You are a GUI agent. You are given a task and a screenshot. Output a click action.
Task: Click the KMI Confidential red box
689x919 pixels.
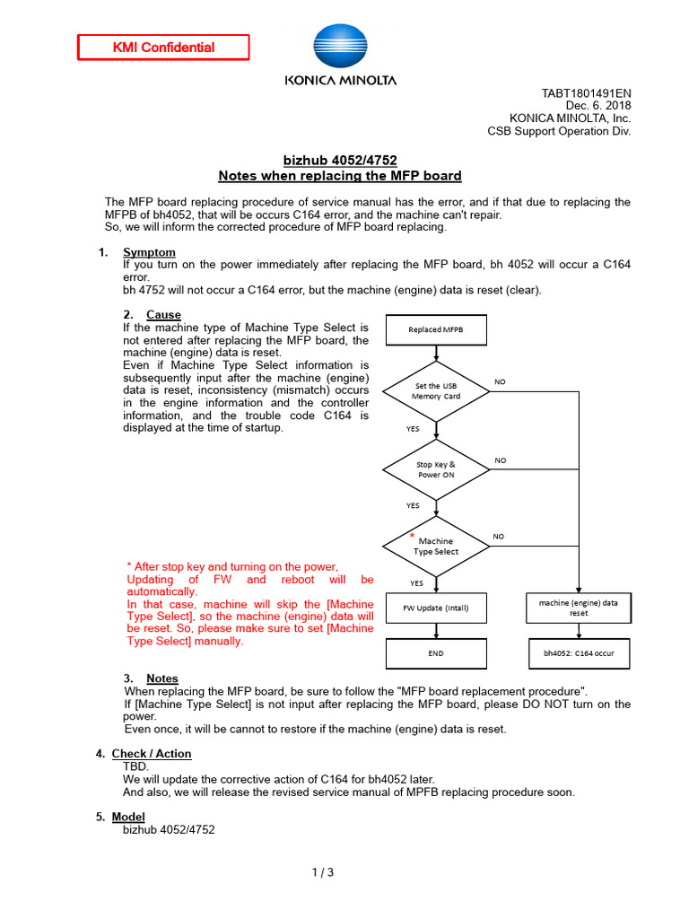pos(162,47)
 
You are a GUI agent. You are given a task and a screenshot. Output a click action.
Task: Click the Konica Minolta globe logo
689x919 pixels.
pos(340,48)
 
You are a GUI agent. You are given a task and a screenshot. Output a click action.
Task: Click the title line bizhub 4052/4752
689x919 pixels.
pos(340,160)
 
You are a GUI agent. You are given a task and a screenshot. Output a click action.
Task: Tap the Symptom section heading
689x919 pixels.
pos(149,252)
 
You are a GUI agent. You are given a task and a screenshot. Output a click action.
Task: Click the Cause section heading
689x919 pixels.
pos(163,314)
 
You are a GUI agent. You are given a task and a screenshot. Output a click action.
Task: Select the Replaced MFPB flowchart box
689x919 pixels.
pos(436,329)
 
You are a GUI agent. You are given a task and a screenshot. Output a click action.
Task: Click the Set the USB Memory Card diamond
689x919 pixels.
pos(436,391)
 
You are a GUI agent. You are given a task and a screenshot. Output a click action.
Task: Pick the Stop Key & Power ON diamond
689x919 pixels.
pos(436,469)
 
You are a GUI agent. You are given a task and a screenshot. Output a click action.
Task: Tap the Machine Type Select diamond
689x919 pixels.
pos(436,546)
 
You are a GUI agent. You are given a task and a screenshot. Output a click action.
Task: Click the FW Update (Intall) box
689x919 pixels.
pos(436,608)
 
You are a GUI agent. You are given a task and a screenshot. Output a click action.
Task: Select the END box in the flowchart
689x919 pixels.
pos(436,653)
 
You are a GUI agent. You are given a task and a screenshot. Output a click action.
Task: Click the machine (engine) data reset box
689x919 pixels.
pos(579,608)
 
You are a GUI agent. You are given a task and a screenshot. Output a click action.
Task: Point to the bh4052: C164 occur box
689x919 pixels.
pos(579,653)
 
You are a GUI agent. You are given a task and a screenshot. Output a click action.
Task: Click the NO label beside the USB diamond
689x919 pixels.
pos(500,381)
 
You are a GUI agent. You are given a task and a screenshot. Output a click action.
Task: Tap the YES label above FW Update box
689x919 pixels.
pos(417,582)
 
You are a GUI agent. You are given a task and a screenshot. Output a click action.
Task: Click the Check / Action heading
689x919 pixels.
pos(151,753)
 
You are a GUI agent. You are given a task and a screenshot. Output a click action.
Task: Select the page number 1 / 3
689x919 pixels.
pos(323,871)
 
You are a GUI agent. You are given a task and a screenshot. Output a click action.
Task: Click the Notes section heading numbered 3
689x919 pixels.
pos(162,678)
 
